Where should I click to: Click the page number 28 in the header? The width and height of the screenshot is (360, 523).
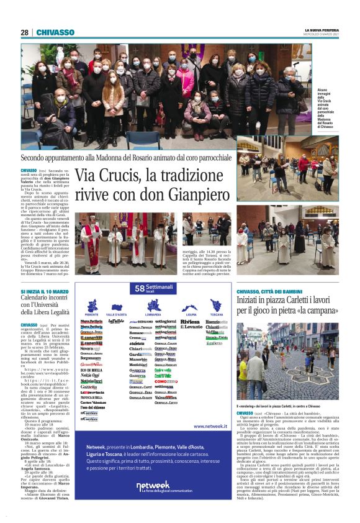point(25,32)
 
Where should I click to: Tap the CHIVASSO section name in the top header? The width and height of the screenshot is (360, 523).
point(55,32)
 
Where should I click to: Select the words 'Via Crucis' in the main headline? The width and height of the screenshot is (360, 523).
point(107,177)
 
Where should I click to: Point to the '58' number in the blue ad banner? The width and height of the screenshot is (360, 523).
point(140,288)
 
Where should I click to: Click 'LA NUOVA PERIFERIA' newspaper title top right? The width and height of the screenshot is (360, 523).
point(322,30)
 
